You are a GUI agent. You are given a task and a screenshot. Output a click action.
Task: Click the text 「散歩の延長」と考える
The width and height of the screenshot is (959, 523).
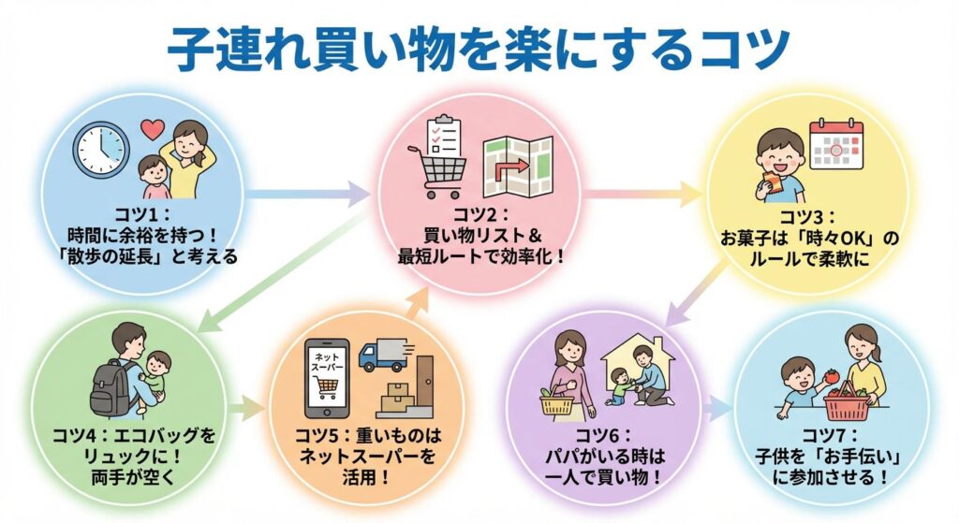154,254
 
